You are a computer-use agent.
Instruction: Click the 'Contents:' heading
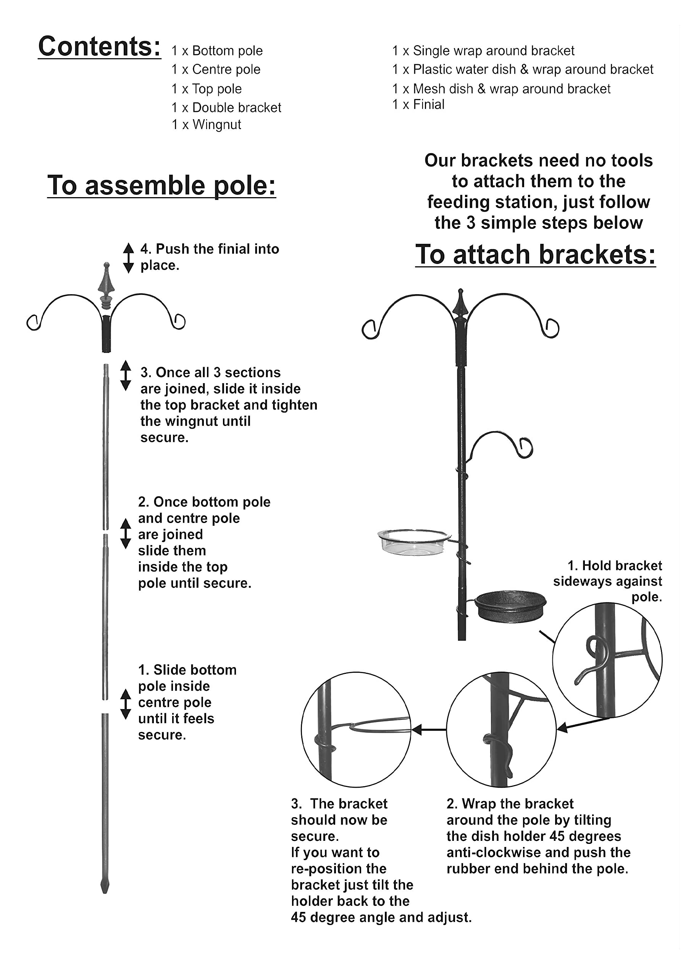pos(100,47)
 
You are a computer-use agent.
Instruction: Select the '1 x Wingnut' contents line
pos(206,125)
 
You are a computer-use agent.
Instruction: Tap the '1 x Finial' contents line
pos(418,105)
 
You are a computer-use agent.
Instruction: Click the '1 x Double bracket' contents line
pos(226,108)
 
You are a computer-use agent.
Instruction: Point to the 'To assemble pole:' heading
pos(161,186)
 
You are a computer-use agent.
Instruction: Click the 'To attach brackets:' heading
pos(535,255)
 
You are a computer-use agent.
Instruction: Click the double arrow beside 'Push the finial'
pos(128,258)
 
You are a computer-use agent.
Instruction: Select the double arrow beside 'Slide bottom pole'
pos(125,704)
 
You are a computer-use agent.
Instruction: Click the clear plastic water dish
pos(413,542)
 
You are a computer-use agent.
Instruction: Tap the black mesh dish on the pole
pos(510,605)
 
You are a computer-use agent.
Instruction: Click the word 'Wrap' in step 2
pos(479,804)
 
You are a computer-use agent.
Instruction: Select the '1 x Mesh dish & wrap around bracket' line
pos(501,89)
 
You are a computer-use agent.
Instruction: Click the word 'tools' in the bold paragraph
pos(631,160)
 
